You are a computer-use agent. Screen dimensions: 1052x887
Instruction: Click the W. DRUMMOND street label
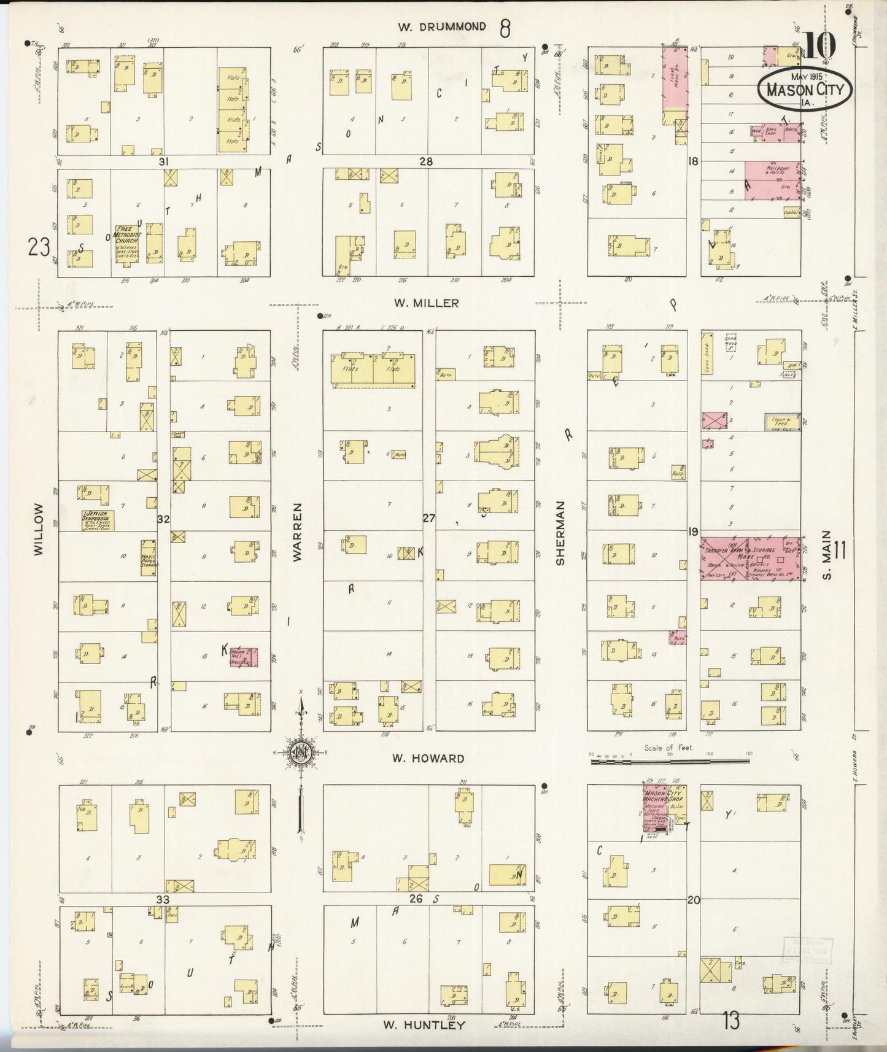click(x=442, y=27)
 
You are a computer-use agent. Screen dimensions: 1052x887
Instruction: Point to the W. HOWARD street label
click(x=428, y=758)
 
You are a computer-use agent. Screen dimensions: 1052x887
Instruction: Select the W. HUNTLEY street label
click(x=424, y=1025)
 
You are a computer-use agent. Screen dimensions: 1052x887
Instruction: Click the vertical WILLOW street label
click(x=39, y=529)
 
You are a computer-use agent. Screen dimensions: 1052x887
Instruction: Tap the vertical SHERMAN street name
click(x=560, y=533)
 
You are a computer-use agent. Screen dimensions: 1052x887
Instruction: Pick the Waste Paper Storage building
click(x=149, y=557)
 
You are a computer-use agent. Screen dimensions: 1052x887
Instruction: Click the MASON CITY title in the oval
click(x=805, y=90)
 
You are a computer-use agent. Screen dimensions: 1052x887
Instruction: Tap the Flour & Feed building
click(x=782, y=422)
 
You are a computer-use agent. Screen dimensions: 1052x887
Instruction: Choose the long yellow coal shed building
click(x=707, y=353)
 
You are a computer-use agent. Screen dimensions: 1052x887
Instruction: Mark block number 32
click(x=163, y=519)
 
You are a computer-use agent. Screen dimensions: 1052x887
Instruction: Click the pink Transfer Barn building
click(x=724, y=559)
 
